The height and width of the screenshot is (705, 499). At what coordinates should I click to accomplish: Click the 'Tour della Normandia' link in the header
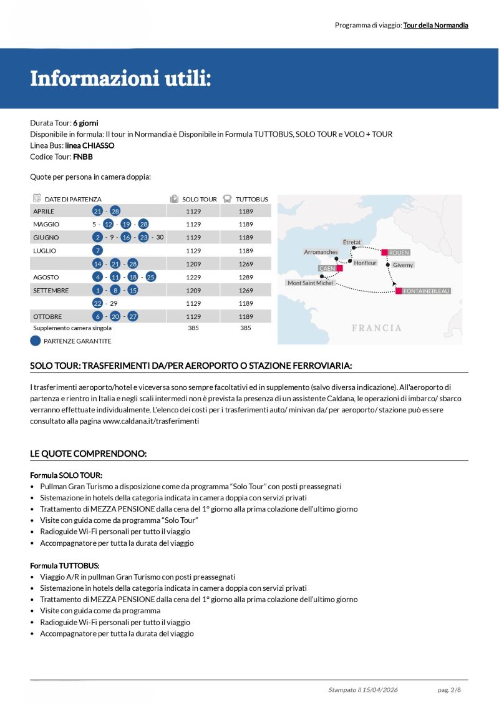pos(435,26)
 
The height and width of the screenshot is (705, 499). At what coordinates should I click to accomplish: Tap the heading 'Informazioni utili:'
pos(120,79)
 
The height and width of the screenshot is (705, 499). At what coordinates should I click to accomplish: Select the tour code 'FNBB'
pos(83,157)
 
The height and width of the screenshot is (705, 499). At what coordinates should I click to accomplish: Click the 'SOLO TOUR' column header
pos(200,199)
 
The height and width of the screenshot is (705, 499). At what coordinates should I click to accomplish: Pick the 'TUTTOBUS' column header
pos(252,199)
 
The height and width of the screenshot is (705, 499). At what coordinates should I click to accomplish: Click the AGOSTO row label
pos(46,277)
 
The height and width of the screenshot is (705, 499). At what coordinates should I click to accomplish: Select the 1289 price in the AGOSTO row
pos(246,277)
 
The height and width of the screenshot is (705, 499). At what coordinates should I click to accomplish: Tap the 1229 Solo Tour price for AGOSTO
pos(193,277)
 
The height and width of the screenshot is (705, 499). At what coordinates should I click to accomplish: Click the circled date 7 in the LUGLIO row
pos(97,251)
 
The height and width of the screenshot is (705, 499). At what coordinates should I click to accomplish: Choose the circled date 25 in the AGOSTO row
pos(150,277)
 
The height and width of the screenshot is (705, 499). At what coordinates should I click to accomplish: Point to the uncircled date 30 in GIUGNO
pos(160,238)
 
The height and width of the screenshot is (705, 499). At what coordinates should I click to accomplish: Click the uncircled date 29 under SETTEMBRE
pos(114,303)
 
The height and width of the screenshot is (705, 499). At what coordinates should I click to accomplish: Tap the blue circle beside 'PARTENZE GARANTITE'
pos(36,341)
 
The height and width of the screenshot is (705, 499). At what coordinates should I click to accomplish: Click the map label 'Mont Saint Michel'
pos(310,283)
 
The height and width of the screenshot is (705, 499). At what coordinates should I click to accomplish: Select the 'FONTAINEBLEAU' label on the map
pos(426,291)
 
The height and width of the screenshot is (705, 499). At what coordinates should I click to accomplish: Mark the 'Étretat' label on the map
pos(352,242)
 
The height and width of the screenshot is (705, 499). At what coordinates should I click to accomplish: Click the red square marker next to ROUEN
pos(385,252)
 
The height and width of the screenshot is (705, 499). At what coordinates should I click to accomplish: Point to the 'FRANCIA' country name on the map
pos(376,328)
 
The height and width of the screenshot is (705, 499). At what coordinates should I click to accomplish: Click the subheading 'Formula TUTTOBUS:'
pos(65,565)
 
